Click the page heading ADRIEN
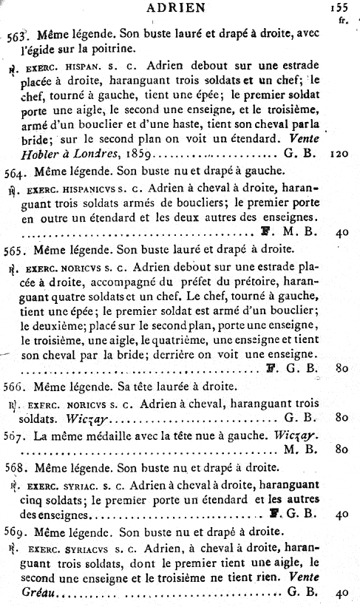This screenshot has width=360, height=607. (176, 9)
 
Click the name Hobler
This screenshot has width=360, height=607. (33, 157)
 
